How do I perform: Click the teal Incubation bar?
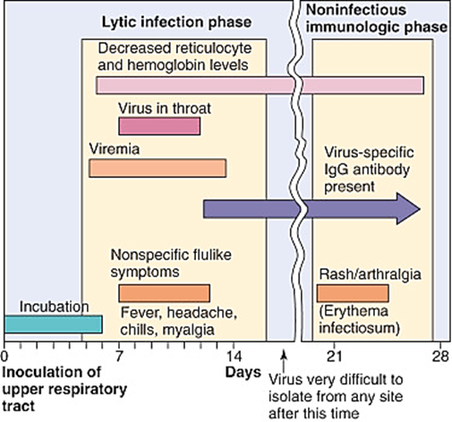(x=53, y=324)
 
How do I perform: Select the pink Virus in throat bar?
(x=159, y=127)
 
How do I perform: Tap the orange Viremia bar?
(x=158, y=167)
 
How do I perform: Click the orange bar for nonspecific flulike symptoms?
(x=165, y=292)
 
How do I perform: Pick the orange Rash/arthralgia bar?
(x=353, y=292)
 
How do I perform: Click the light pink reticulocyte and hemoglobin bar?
(x=260, y=85)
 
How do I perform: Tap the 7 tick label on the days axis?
(x=119, y=354)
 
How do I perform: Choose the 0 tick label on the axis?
(x=5, y=354)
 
